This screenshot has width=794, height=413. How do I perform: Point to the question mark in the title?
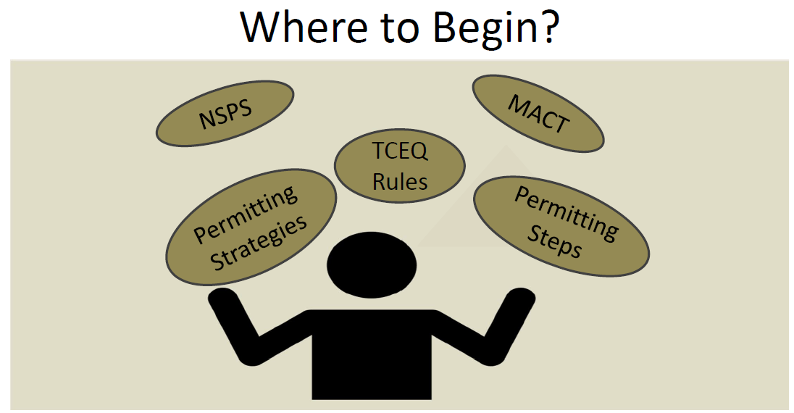[548, 28]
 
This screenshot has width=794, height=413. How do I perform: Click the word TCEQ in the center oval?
[399, 152]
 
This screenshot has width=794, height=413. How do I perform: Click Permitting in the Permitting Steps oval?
[566, 214]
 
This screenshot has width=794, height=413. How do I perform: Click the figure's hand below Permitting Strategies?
[220, 300]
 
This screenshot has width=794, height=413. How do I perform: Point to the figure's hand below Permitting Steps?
[519, 301]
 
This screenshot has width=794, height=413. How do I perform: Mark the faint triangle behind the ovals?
[464, 210]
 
